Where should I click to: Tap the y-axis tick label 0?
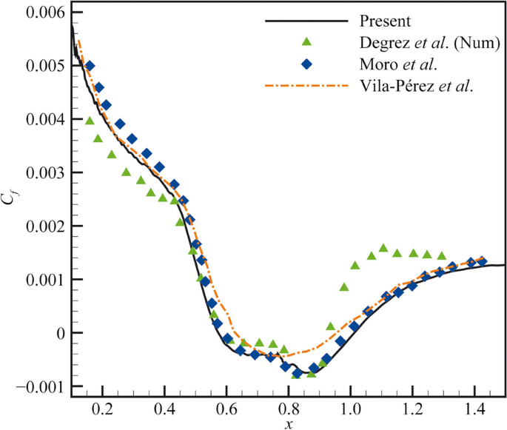point(59,333)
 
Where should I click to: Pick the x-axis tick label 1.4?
point(474,407)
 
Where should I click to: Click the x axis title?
point(288,423)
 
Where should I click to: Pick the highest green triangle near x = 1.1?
point(383,248)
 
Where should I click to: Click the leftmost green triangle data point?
point(90,121)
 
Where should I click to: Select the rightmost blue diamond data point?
point(483,261)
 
